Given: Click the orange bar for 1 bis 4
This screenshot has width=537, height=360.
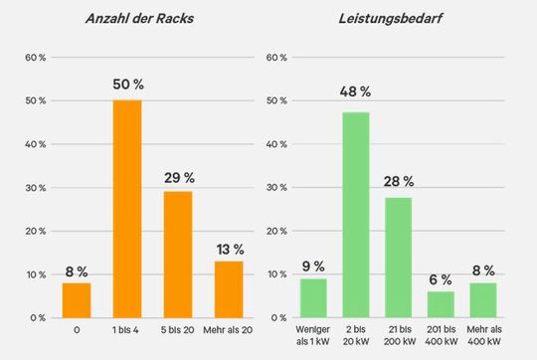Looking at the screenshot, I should click(126, 209).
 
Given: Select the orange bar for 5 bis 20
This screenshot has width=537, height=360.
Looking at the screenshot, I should click(177, 254).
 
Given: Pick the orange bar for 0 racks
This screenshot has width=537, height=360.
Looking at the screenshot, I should click(77, 299).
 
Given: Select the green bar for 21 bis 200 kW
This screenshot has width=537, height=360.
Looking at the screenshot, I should click(398, 257).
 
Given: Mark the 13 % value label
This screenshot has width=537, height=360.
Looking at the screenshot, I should click(228, 248).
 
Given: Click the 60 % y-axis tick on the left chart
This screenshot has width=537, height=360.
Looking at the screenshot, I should click(36, 58).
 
